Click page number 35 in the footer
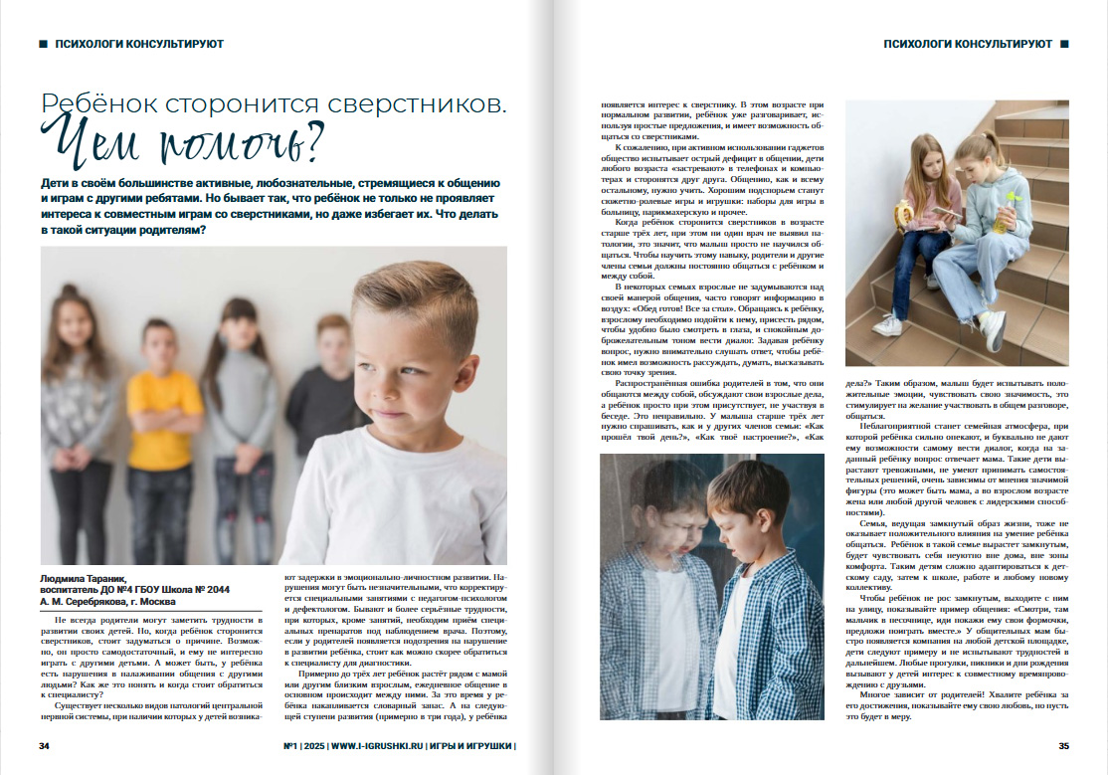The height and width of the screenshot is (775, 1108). pyautogui.click(x=1063, y=746)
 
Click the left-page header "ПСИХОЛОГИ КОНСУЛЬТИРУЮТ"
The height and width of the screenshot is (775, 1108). pyautogui.click(x=140, y=44)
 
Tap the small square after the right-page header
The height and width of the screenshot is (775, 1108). pyautogui.click(x=1064, y=44)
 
